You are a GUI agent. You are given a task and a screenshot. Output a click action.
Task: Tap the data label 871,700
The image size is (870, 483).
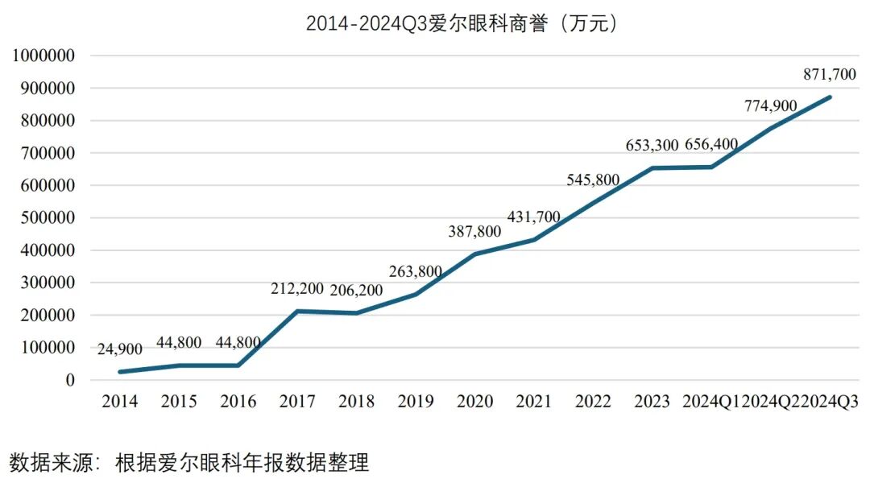coord(830,74)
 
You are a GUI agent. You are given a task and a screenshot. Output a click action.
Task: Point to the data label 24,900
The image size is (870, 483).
coord(120,349)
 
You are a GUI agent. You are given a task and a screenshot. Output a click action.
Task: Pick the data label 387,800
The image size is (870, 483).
coord(474,232)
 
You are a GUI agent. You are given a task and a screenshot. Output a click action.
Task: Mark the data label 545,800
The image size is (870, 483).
coord(593,180)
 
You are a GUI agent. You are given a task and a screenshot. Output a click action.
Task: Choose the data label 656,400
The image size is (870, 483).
coord(711,145)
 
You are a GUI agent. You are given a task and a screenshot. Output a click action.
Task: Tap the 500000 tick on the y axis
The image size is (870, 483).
coord(49,218)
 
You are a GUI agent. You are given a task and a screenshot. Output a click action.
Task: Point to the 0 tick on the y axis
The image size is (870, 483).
coord(70,380)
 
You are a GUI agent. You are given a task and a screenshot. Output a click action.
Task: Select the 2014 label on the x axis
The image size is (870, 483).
coord(119,402)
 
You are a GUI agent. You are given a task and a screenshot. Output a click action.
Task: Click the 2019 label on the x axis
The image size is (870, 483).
coord(415,402)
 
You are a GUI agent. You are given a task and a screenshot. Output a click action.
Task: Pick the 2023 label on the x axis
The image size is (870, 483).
coord(652,402)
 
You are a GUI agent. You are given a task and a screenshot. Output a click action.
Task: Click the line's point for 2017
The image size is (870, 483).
coord(297,311)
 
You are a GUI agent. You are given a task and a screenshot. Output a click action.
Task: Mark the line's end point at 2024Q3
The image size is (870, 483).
coord(830,97)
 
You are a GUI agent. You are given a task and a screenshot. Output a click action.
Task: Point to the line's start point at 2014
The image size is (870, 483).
coord(119,372)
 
